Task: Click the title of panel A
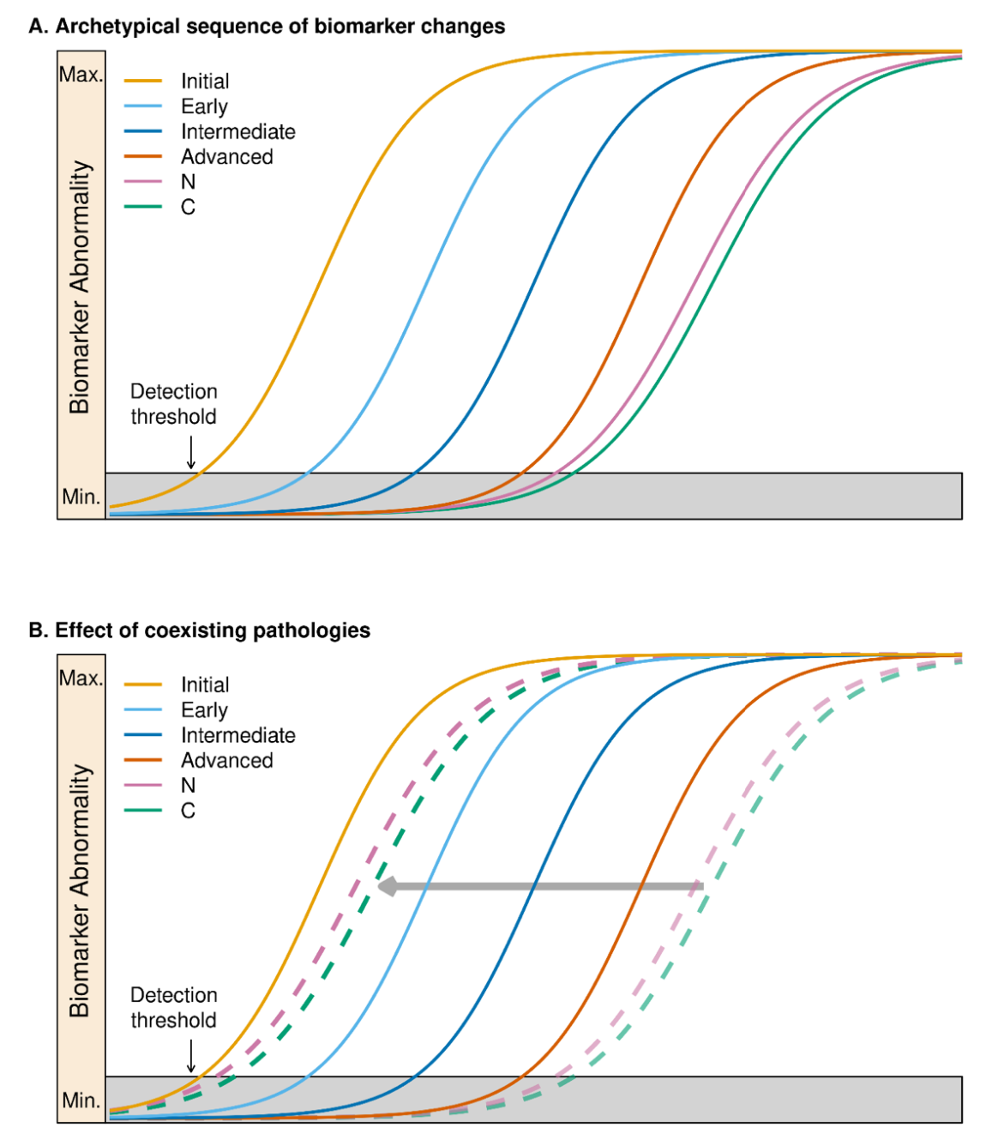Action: click(x=267, y=27)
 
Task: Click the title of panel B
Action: click(x=200, y=630)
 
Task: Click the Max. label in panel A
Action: click(x=81, y=75)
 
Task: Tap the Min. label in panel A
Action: click(x=81, y=497)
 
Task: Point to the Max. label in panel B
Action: click(x=81, y=678)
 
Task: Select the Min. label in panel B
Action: click(x=81, y=1100)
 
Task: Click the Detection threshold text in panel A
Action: click(x=173, y=404)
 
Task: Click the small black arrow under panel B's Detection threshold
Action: click(x=191, y=1056)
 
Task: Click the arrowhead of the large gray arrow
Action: click(x=388, y=886)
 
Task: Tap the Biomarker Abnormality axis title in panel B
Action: click(x=80, y=890)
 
